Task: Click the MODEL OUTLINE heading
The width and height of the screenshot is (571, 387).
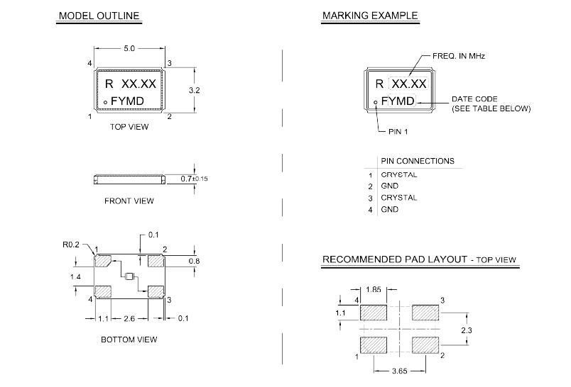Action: tap(99, 16)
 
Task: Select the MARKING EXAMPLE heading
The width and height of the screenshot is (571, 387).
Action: tap(369, 16)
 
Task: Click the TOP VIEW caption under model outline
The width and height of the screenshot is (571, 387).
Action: tap(129, 128)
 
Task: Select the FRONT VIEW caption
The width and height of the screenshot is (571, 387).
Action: tap(129, 201)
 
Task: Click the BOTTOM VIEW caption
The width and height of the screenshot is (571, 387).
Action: tap(129, 340)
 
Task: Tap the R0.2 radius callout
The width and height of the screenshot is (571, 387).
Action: tap(71, 244)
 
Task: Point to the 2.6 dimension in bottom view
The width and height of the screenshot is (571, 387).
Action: tap(130, 318)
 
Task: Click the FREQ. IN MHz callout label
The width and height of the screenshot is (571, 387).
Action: tap(459, 55)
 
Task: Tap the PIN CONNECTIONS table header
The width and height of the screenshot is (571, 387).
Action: tap(418, 161)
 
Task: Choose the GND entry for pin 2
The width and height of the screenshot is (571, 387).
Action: tap(389, 186)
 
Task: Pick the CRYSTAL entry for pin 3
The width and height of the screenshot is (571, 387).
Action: tap(398, 198)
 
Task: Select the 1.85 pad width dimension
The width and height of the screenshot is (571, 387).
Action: tap(374, 290)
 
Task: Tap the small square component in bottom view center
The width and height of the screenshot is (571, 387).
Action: tap(129, 277)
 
